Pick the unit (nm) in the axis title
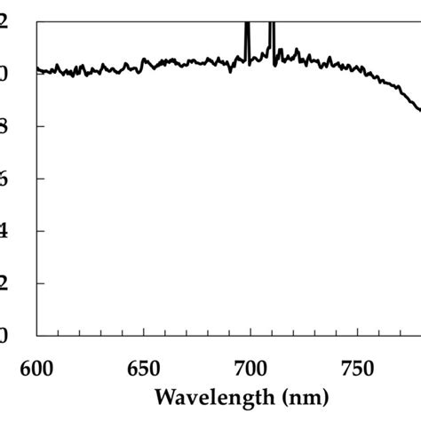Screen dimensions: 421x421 pos(302,395)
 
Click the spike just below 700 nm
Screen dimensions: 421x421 pos(247,36)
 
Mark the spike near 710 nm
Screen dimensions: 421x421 pos(272,36)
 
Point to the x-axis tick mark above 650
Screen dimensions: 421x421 pos(143,332)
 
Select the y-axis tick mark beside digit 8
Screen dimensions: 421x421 pos(40,126)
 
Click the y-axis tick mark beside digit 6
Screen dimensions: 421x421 pos(40,179)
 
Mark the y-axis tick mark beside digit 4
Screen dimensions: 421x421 pos(40,231)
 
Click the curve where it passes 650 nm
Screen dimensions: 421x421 pos(143,65)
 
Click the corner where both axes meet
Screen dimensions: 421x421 pos(36,336)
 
